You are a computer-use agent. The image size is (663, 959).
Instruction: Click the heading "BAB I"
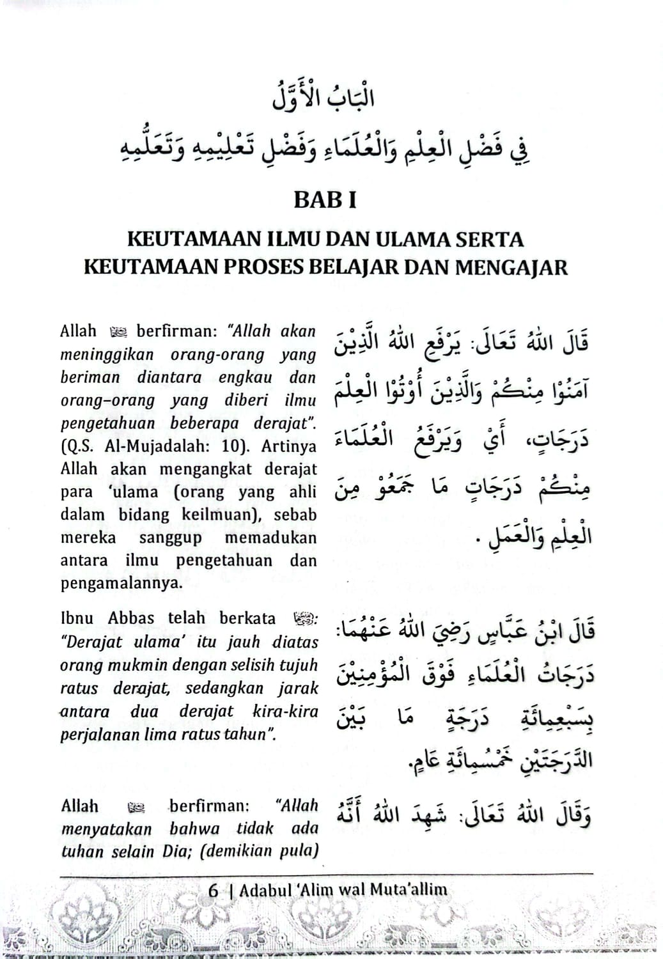pyautogui.click(x=325, y=200)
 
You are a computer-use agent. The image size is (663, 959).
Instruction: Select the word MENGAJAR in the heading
pyautogui.click(x=511, y=267)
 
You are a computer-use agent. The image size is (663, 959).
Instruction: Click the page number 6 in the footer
pyautogui.click(x=214, y=890)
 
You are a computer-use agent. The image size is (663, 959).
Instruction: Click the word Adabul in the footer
pyautogui.click(x=262, y=890)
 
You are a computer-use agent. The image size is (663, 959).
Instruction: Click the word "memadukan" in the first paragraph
pyautogui.click(x=270, y=538)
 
